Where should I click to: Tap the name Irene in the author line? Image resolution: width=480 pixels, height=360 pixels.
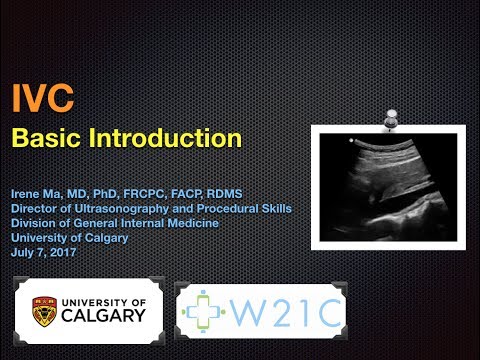tap(27, 194)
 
